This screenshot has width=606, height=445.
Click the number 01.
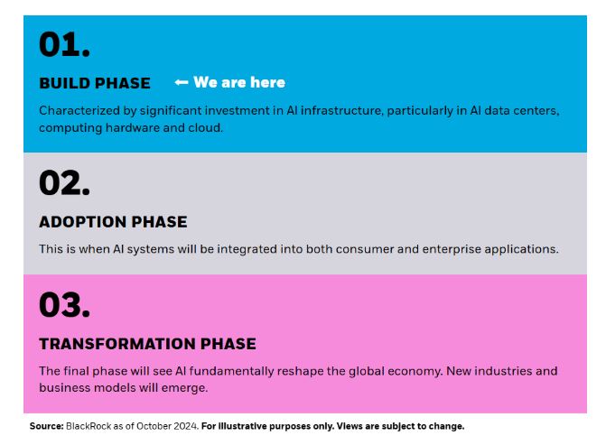pyautogui.click(x=64, y=44)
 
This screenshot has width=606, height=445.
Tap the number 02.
pyautogui.click(x=64, y=182)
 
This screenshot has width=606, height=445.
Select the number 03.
pyautogui.click(x=64, y=305)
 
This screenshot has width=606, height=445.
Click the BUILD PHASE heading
pyautogui.click(x=95, y=83)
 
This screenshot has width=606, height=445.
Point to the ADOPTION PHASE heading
pyautogui.click(x=113, y=222)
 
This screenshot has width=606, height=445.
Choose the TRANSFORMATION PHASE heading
pyautogui.click(x=147, y=344)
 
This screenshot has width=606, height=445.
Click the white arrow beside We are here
pyautogui.click(x=182, y=82)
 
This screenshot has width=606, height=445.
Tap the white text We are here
pyautogui.click(x=239, y=82)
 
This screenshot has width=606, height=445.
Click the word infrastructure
pyautogui.click(x=341, y=110)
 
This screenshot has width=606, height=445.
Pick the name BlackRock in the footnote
pyautogui.click(x=89, y=426)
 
